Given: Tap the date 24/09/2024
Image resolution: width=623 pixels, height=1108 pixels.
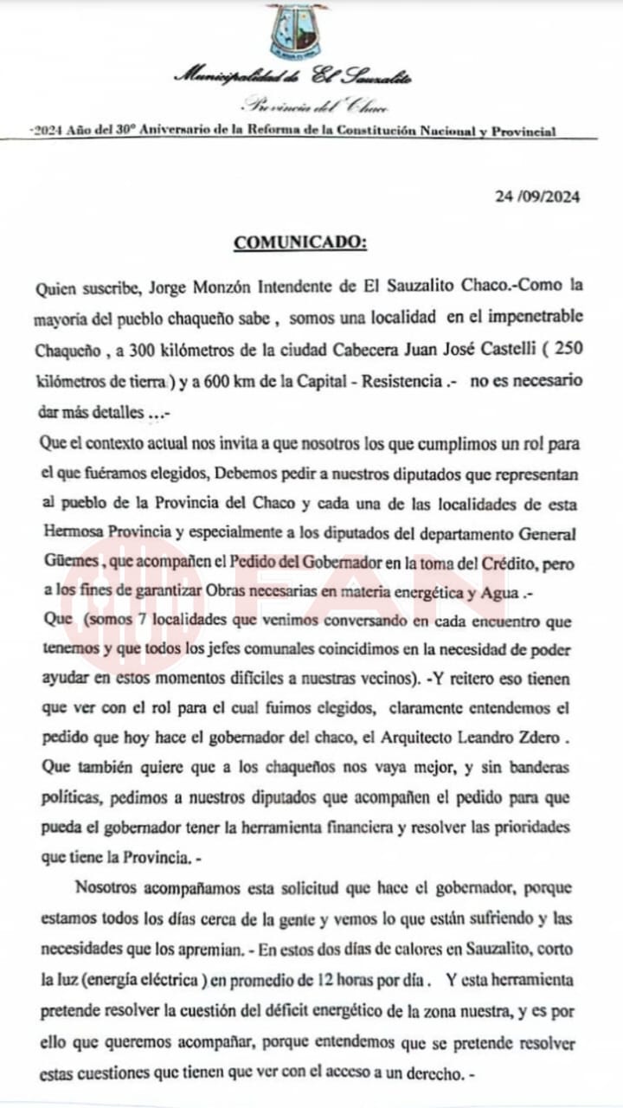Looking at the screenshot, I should [537, 196].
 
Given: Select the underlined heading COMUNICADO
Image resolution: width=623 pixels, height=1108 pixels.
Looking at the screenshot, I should [300, 242].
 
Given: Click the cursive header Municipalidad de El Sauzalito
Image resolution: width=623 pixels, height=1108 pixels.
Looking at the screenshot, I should [293, 76].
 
